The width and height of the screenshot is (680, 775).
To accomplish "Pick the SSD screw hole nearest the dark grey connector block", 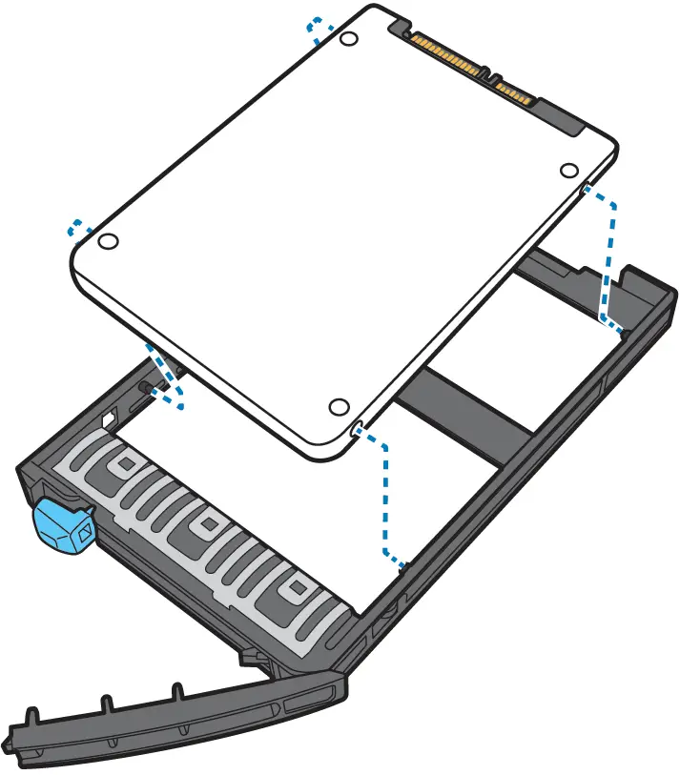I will tap(568, 170).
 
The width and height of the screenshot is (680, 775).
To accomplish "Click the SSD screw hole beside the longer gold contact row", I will tap(349, 39).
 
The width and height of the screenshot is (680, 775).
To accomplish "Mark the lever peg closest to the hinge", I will tap(176, 691).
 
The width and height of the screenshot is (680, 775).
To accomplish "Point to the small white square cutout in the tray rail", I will tap(107, 417).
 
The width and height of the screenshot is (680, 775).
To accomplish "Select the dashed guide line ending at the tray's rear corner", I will tap(606, 257).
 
